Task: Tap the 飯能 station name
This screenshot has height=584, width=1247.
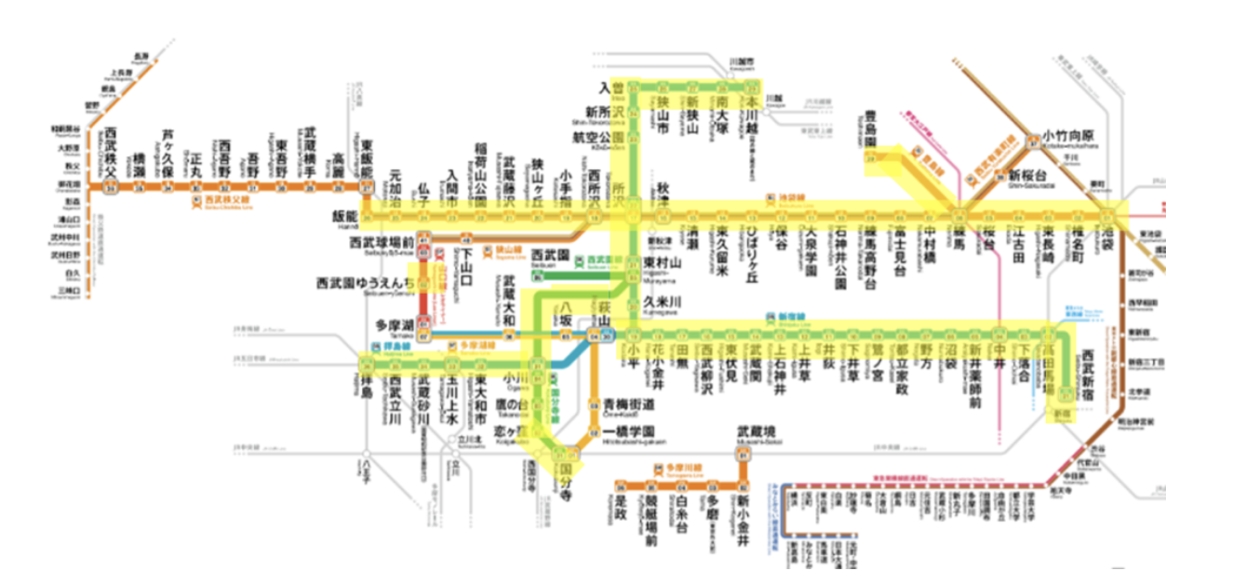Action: [345, 215]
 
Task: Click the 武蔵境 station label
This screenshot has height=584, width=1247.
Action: [755, 431]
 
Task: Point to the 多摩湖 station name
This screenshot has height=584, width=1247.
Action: [392, 326]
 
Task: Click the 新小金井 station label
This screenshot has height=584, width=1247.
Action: [743, 517]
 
